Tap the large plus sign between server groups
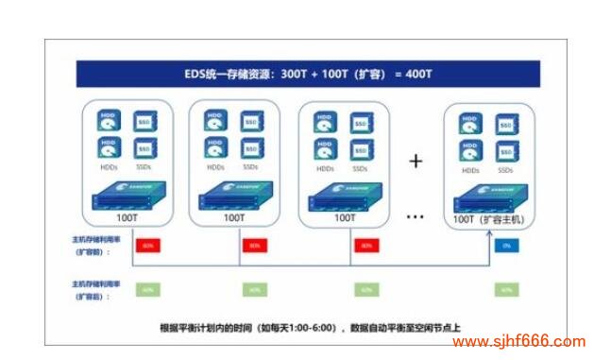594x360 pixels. [x=416, y=161]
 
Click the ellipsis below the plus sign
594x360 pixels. [x=416, y=216]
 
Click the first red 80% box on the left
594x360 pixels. [x=146, y=245]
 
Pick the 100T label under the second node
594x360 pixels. [x=233, y=217]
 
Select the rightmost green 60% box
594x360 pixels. [x=505, y=289]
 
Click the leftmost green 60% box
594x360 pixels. [x=146, y=289]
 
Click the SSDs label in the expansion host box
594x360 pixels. [x=506, y=170]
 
